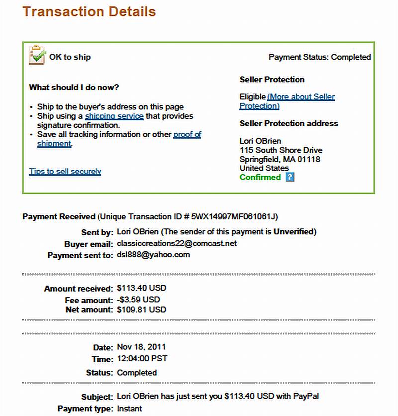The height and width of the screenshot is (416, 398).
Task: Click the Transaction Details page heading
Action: (90, 11)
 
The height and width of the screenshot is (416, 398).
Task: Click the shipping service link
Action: (114, 116)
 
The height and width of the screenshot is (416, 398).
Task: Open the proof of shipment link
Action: (187, 135)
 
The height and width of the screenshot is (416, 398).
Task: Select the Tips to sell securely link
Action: (65, 172)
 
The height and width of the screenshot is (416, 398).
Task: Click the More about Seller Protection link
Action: (300, 97)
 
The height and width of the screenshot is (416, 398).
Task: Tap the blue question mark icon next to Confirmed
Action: (290, 177)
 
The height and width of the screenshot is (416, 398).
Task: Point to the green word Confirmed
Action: (260, 177)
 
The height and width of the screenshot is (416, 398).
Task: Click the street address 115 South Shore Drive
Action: (281, 150)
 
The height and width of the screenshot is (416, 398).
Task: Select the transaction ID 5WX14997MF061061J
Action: (234, 217)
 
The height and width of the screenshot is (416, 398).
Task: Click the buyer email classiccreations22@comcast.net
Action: (177, 244)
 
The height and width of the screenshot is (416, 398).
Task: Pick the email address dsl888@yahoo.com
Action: (153, 255)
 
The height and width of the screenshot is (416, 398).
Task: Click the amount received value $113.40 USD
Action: (141, 288)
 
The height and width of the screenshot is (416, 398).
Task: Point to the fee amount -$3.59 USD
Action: (138, 300)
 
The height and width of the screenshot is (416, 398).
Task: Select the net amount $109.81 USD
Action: (141, 310)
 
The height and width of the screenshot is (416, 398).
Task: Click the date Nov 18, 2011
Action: (141, 347)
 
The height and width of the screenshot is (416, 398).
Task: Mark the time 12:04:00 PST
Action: (142, 358)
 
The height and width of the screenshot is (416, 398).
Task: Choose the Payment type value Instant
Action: (129, 409)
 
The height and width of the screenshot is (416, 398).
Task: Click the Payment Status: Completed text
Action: (319, 57)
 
